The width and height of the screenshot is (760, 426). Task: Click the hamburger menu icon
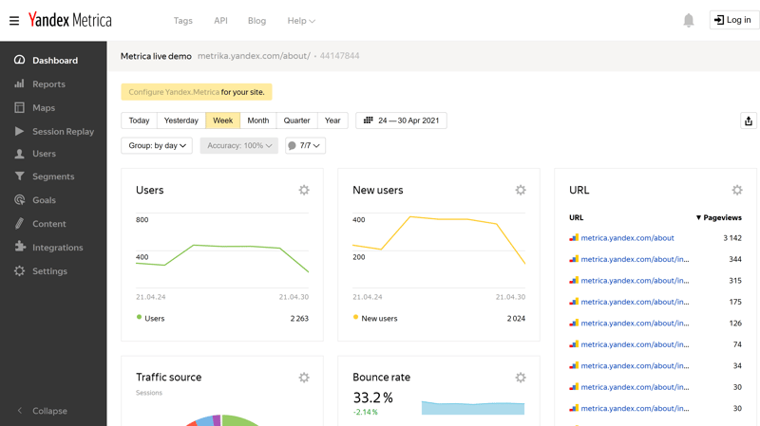14,20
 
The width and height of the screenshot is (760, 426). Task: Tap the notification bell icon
689,20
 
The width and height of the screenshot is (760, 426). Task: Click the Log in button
733,20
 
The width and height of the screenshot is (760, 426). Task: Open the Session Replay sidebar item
63,132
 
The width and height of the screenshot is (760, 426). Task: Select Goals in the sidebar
44,200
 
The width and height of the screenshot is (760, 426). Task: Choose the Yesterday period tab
180,120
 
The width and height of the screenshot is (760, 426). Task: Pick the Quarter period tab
296,120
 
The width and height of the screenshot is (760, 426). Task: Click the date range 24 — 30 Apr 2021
401,120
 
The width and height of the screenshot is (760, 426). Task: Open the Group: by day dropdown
157,145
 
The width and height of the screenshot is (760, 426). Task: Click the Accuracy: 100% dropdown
238,145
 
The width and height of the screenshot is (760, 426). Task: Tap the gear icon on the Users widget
304,190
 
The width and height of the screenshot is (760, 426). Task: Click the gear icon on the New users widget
521,190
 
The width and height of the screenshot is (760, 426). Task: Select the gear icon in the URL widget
737,190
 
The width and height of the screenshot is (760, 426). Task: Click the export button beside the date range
749,120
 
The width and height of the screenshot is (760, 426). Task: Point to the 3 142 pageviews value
731,238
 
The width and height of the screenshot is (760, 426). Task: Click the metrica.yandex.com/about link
627,238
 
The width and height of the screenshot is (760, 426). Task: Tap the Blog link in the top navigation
256,21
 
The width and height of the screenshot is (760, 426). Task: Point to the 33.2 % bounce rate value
372,398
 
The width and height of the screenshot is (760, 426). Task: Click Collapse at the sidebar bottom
49,411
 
